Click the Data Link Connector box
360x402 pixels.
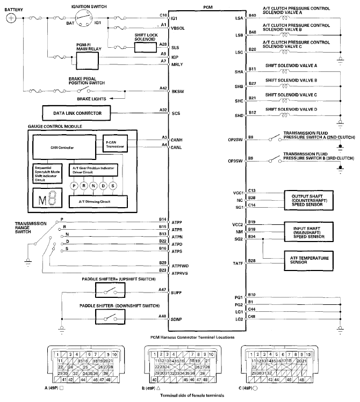pyautogui.click(x=76, y=113)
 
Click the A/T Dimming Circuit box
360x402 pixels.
pyautogui.click(x=99, y=201)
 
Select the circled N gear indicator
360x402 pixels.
pyautogui.click(x=93, y=185)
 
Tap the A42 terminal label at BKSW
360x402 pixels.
pyautogui.click(x=163, y=88)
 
